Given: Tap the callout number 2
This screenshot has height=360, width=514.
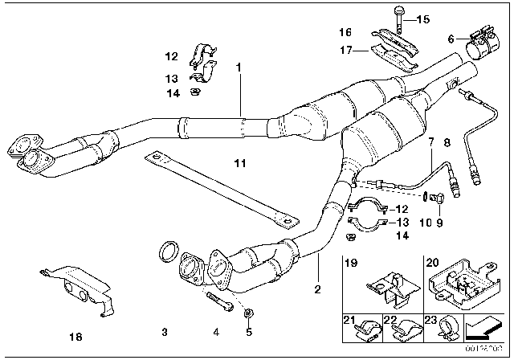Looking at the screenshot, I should click(x=318, y=288).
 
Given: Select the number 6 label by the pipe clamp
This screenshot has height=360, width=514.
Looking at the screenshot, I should click(x=451, y=38).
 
